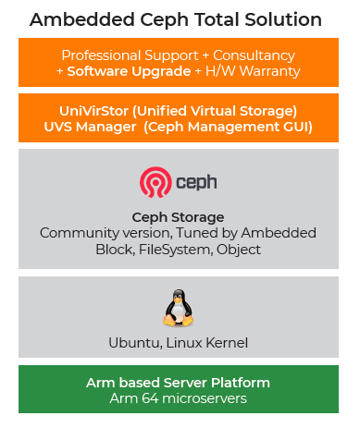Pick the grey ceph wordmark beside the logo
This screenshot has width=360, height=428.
tap(197, 182)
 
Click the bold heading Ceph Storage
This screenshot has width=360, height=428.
tap(178, 216)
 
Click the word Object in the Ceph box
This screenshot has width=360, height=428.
tap(238, 249)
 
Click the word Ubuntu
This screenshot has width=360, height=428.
tap(133, 343)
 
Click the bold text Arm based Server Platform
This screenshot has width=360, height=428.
tap(178, 382)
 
